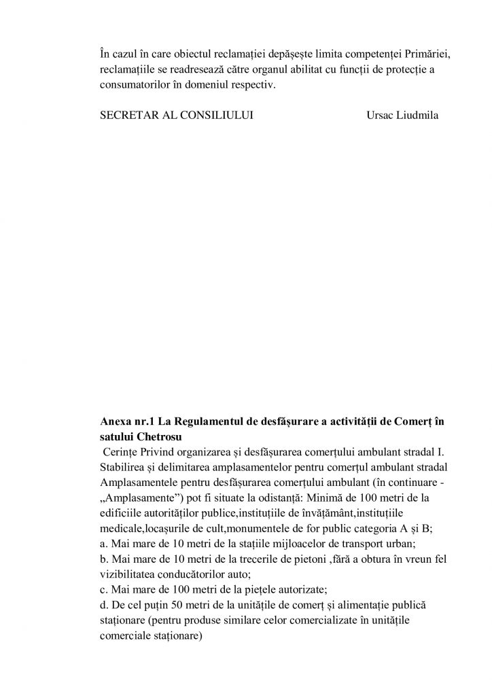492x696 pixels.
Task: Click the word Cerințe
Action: (122, 451)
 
